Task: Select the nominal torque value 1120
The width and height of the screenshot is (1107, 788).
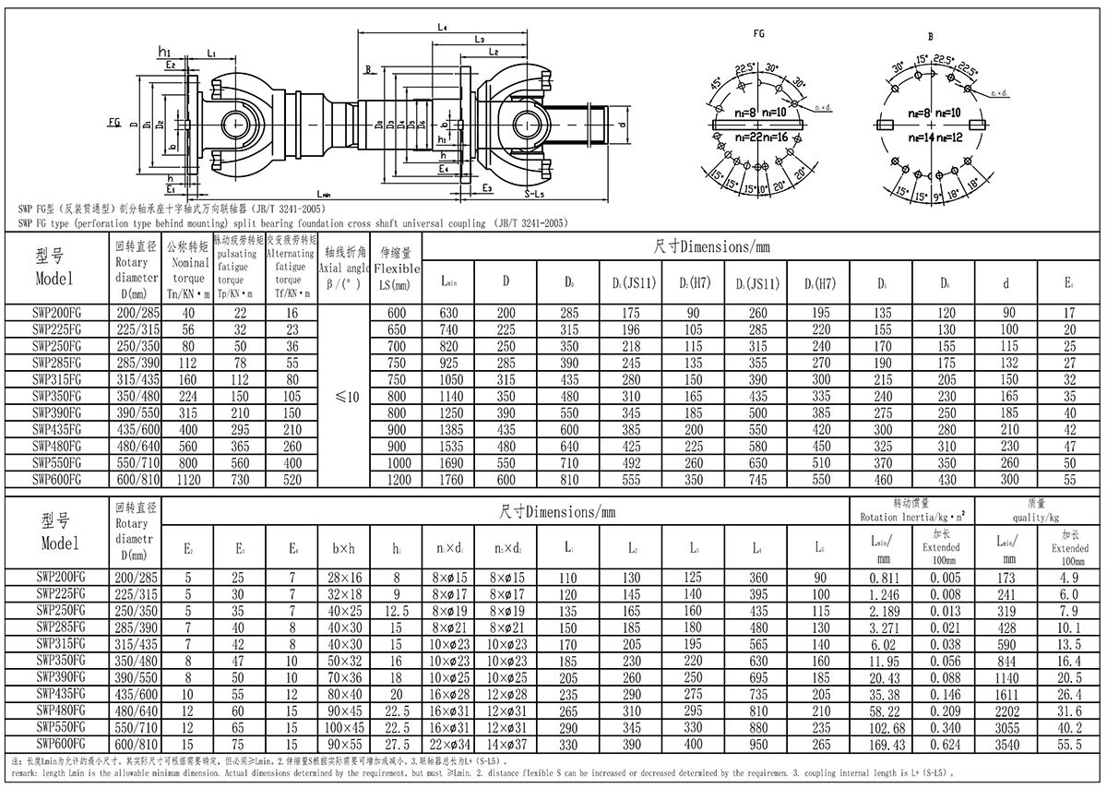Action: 189,481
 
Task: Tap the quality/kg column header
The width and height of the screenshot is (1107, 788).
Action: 1040,509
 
